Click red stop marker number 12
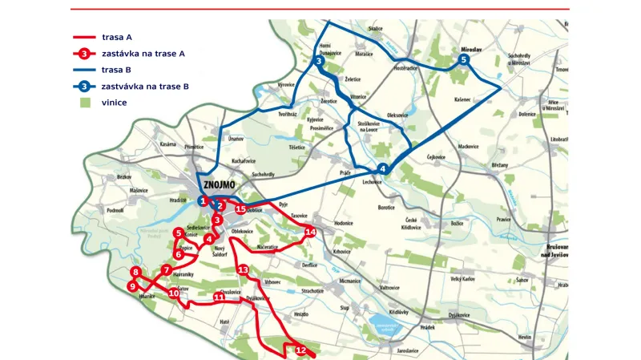(301, 350)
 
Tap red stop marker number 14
(311, 232)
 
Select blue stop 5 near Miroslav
(463, 60)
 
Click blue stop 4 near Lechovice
(382, 168)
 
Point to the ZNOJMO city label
(225, 183)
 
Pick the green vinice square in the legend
(84, 103)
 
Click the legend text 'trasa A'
(117, 37)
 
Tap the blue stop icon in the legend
(83, 86)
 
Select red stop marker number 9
(133, 286)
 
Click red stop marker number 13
(243, 270)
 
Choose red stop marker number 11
(219, 297)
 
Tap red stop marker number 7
(167, 269)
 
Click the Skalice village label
(375, 28)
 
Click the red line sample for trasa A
(84, 37)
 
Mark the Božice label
(458, 222)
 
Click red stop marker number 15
(240, 208)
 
